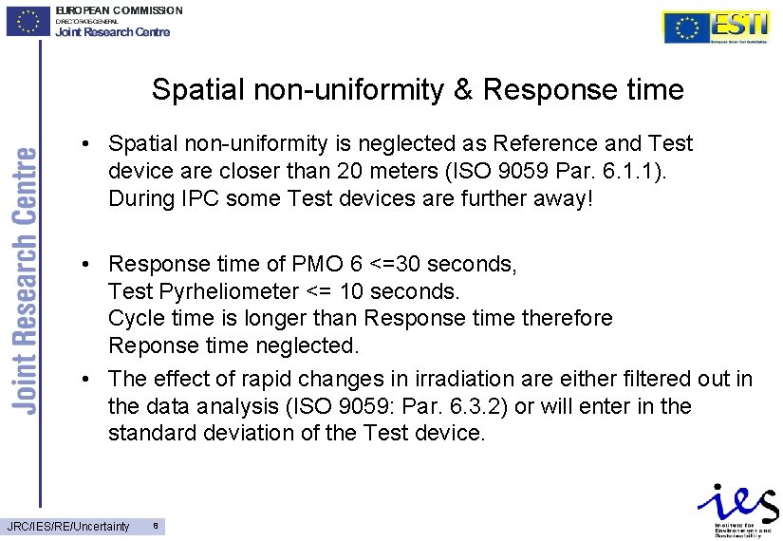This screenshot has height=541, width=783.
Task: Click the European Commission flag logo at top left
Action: point(28,21)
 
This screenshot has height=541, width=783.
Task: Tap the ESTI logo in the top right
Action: point(718,28)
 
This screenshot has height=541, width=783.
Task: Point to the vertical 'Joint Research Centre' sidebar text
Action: point(26,279)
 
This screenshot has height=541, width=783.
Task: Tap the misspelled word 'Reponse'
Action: point(152,345)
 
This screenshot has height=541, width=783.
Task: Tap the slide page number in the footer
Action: point(155,525)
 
